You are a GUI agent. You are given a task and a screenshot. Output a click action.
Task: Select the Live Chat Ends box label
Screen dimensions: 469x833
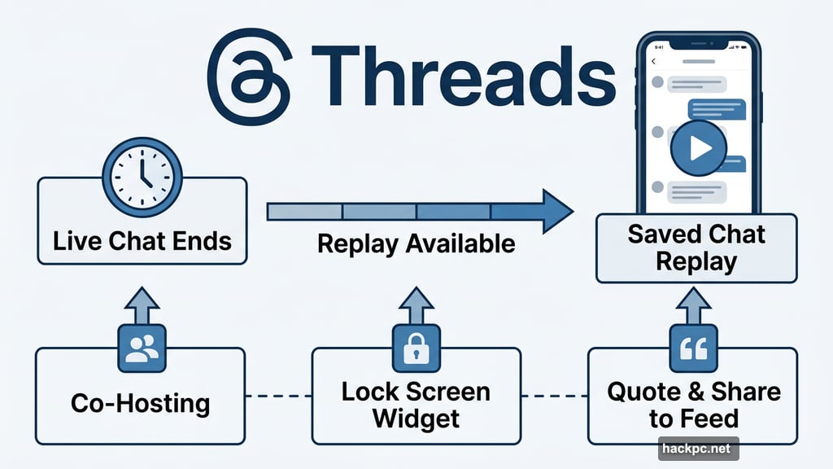coord(142,241)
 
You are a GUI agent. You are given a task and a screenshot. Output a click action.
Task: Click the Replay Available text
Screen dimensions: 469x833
coord(416,243)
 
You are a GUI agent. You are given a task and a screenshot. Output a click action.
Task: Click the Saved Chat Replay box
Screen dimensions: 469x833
coord(696,248)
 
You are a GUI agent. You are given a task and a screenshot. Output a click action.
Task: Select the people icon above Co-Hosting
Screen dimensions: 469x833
coord(142,348)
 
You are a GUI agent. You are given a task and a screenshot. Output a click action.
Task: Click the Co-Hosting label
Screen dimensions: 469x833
coord(140,403)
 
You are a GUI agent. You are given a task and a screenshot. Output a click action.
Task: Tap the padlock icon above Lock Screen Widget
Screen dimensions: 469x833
coord(416,348)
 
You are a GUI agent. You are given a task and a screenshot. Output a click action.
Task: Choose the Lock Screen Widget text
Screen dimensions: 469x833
coord(416,405)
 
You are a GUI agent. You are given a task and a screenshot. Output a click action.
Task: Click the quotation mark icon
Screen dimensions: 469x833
coord(693,348)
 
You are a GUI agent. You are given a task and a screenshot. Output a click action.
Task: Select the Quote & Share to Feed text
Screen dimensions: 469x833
coord(693,405)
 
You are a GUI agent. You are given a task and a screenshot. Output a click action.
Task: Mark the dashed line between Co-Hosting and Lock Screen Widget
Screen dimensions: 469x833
coord(279,397)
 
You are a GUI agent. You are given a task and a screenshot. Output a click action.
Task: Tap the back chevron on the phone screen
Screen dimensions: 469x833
coord(653,64)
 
